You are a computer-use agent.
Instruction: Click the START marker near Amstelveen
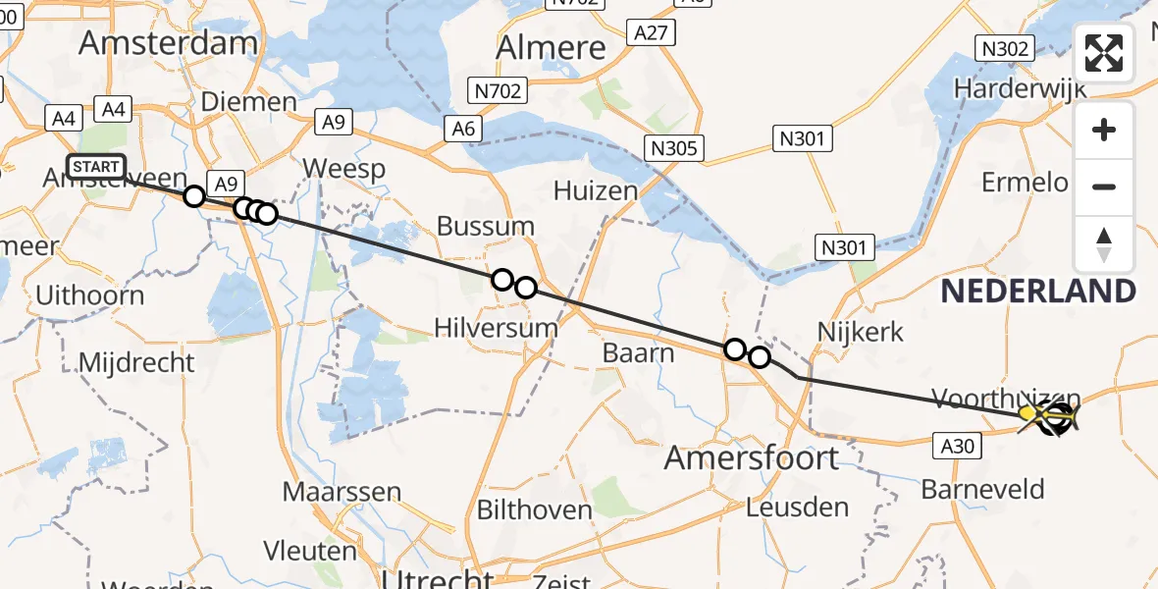(x=96, y=166)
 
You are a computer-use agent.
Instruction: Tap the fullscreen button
(x=1104, y=53)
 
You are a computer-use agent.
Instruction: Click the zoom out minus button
(x=1104, y=187)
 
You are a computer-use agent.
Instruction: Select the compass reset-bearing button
(x=1104, y=244)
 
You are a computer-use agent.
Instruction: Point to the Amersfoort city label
(x=752, y=457)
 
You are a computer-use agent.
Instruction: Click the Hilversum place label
(x=496, y=328)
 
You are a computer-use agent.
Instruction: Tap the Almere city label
(x=551, y=47)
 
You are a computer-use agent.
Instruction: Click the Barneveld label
(x=983, y=489)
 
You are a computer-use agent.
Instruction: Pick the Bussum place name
(x=486, y=227)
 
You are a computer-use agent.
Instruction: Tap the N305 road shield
(x=675, y=148)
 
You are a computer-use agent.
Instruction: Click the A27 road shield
(x=651, y=33)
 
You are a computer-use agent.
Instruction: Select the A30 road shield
(x=957, y=447)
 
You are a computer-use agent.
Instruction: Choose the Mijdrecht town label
(x=136, y=362)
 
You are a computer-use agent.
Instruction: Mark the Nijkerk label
(x=860, y=332)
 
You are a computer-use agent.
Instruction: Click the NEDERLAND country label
(x=1038, y=292)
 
